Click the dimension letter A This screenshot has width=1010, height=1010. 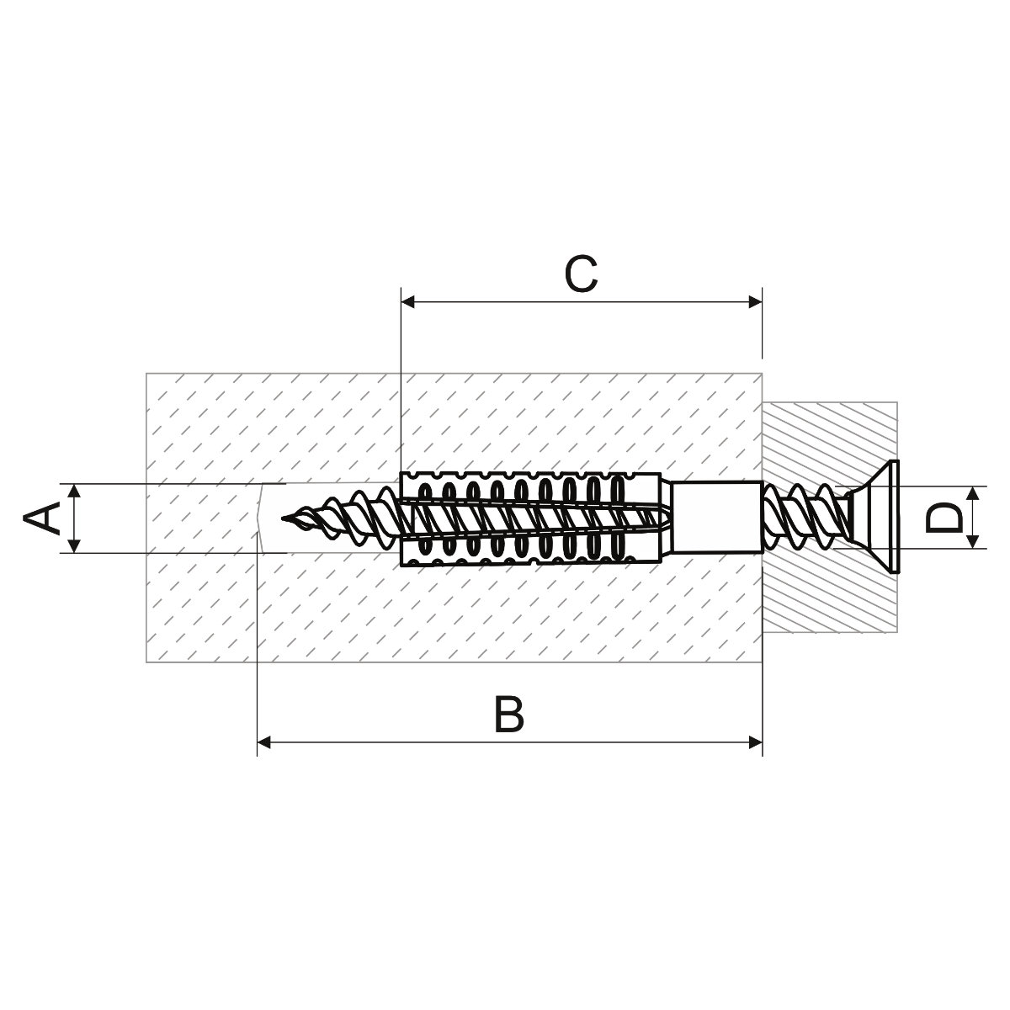click(41, 518)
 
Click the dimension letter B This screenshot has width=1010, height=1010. click(508, 715)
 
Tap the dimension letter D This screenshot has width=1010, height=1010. click(944, 518)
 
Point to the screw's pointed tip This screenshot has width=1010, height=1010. click(284, 519)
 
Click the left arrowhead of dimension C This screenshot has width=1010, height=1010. click(407, 302)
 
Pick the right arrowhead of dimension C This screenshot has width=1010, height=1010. click(755, 302)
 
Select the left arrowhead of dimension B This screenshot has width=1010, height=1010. click(263, 742)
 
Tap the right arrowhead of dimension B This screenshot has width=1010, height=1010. click(755, 742)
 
